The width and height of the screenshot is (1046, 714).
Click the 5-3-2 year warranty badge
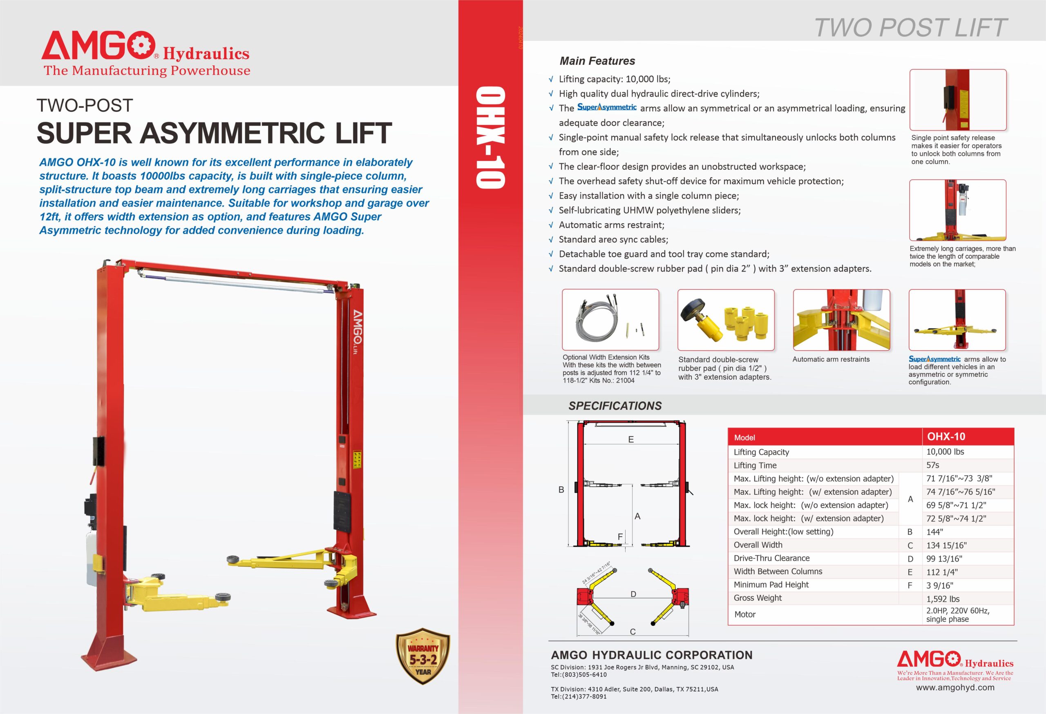click(x=422, y=656)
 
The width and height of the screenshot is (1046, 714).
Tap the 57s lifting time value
click(x=932, y=465)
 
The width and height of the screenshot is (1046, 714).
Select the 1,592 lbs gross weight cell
click(x=943, y=599)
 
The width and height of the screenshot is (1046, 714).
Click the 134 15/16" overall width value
click(x=946, y=545)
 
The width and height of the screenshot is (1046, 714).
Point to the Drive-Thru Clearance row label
click(x=771, y=558)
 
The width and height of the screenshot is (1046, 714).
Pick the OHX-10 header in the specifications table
click(x=946, y=436)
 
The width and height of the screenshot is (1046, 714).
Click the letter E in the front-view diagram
click(x=631, y=439)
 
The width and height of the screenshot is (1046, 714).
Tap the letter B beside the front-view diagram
click(x=561, y=489)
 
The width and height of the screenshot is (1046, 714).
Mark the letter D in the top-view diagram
click(x=633, y=594)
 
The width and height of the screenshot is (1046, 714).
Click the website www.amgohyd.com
click(x=955, y=687)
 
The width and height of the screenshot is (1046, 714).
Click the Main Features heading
click(x=597, y=61)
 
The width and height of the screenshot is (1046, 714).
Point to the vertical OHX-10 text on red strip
click(x=491, y=137)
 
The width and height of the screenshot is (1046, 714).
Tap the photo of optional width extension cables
click(x=610, y=320)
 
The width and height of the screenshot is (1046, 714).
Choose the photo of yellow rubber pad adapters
click(x=726, y=320)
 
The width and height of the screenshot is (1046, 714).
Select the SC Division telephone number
click(x=579, y=675)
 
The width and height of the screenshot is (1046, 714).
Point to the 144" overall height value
click(x=934, y=532)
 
